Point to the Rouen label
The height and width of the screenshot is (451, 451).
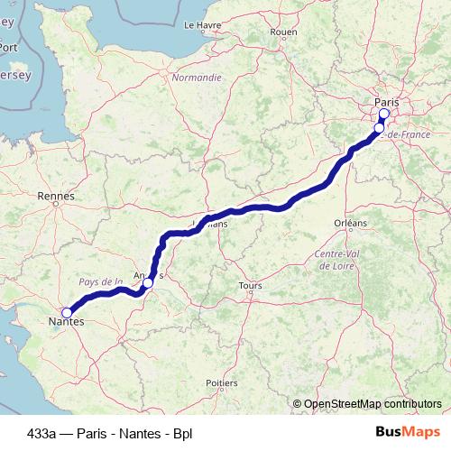(x=283, y=32)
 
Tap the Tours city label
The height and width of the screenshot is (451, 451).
(x=251, y=286)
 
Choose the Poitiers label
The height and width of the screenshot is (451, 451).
(x=221, y=383)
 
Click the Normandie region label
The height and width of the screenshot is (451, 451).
(x=196, y=78)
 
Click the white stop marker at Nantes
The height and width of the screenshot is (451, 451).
(x=67, y=312)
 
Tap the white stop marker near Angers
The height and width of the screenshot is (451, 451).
(x=148, y=282)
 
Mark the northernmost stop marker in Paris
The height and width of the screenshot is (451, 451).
(x=383, y=115)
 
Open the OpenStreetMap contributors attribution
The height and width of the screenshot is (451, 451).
(x=373, y=404)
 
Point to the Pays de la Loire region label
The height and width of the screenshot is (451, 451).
(x=100, y=281)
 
